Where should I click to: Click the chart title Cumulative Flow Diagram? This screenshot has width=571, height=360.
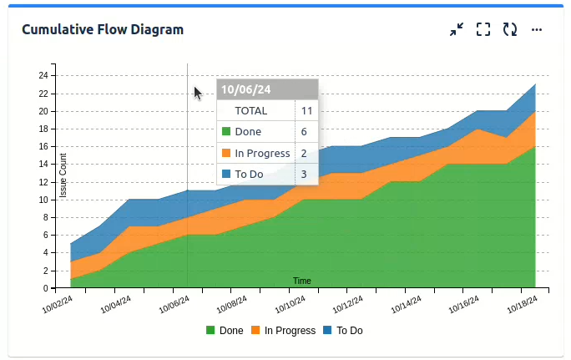pyautogui.click(x=103, y=29)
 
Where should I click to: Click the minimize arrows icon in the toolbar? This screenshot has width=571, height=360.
pyautogui.click(x=456, y=29)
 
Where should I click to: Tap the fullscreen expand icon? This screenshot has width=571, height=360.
pyautogui.click(x=483, y=29)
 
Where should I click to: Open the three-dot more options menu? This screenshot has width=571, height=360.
pyautogui.click(x=537, y=29)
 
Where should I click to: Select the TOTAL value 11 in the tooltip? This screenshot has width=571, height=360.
pyautogui.click(x=306, y=110)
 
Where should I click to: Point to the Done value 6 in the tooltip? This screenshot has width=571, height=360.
pyautogui.click(x=304, y=132)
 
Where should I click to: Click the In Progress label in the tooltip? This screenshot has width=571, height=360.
pyautogui.click(x=262, y=153)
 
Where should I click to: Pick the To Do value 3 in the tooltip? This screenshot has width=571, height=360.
pyautogui.click(x=304, y=175)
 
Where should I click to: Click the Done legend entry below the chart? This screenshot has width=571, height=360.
pyautogui.click(x=225, y=331)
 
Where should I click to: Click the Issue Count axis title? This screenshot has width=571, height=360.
pyautogui.click(x=63, y=176)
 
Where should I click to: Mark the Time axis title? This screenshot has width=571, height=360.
pyautogui.click(x=302, y=281)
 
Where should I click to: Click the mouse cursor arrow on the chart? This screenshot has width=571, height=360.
pyautogui.click(x=198, y=93)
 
